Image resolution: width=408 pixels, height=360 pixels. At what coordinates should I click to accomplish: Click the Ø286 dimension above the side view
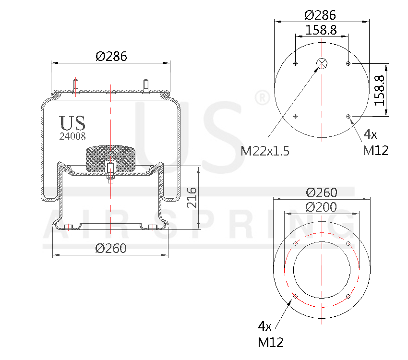click(x=111, y=56)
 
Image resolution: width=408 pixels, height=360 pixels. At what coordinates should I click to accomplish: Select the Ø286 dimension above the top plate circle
click(x=320, y=14)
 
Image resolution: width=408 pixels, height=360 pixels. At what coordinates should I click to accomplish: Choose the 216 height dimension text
click(x=191, y=197)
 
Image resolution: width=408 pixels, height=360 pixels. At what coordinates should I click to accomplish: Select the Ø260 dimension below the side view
click(x=111, y=248)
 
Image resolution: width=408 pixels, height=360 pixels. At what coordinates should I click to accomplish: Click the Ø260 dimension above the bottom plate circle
click(x=321, y=192)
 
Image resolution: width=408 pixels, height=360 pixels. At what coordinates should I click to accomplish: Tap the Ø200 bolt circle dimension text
click(x=321, y=207)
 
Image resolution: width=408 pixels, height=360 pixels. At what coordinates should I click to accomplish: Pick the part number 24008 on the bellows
click(x=72, y=136)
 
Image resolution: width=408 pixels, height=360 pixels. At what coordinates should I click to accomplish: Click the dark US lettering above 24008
click(x=72, y=123)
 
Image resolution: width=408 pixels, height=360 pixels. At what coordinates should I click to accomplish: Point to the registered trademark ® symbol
click(x=262, y=98)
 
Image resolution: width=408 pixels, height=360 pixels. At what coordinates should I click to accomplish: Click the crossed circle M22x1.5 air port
click(x=321, y=63)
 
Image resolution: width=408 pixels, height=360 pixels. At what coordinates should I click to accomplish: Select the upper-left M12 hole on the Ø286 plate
click(x=295, y=64)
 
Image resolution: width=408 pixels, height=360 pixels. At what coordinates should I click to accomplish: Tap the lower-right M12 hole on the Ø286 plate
click(x=348, y=116)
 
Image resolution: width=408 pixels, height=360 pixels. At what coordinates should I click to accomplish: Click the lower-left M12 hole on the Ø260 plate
click(x=295, y=296)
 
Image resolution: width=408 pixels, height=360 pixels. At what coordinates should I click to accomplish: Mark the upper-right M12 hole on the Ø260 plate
click(x=348, y=244)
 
